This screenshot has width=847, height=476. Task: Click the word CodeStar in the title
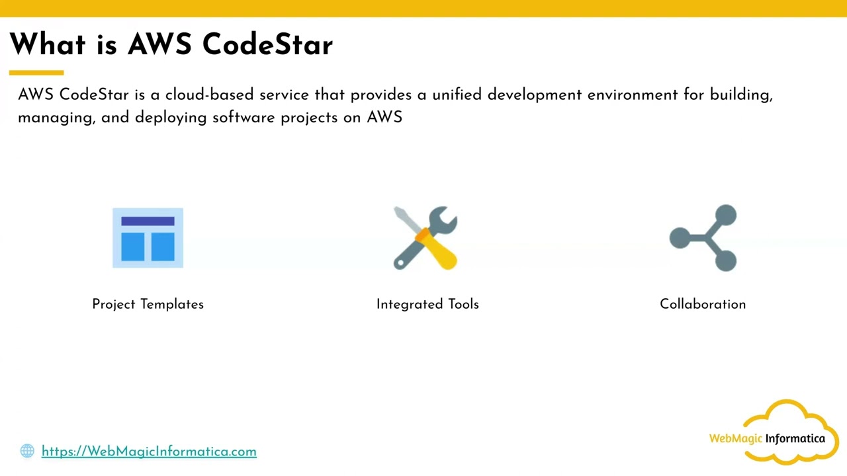tap(267, 45)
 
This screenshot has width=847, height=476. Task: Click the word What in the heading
tap(48, 45)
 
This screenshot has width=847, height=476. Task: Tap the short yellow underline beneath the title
tap(36, 73)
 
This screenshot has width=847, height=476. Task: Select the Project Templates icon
tap(148, 238)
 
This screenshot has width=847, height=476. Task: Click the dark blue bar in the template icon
tap(148, 221)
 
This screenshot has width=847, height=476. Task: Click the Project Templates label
tap(148, 304)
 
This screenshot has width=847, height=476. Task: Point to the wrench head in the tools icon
tap(443, 220)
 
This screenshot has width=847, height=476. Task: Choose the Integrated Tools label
tap(427, 304)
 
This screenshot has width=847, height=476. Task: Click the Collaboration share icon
tap(703, 238)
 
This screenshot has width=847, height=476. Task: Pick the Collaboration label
tap(703, 304)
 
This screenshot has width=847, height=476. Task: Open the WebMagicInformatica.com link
tap(149, 452)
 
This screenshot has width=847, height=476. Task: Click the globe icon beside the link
tap(27, 451)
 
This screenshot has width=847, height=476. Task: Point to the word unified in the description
tap(457, 95)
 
